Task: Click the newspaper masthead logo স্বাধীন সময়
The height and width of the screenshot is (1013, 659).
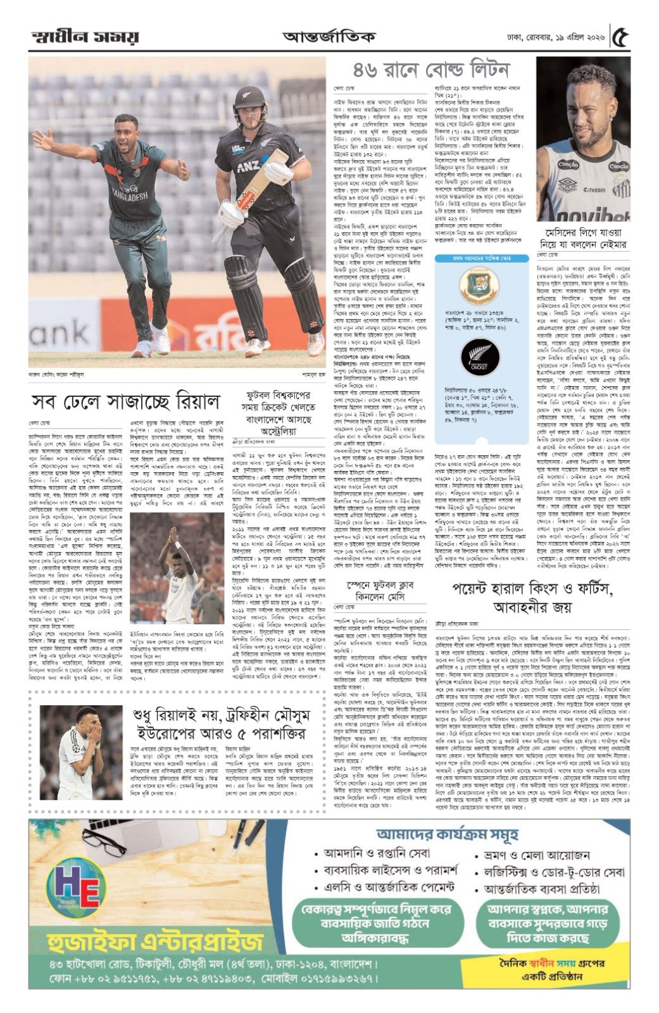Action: pos(75,37)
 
